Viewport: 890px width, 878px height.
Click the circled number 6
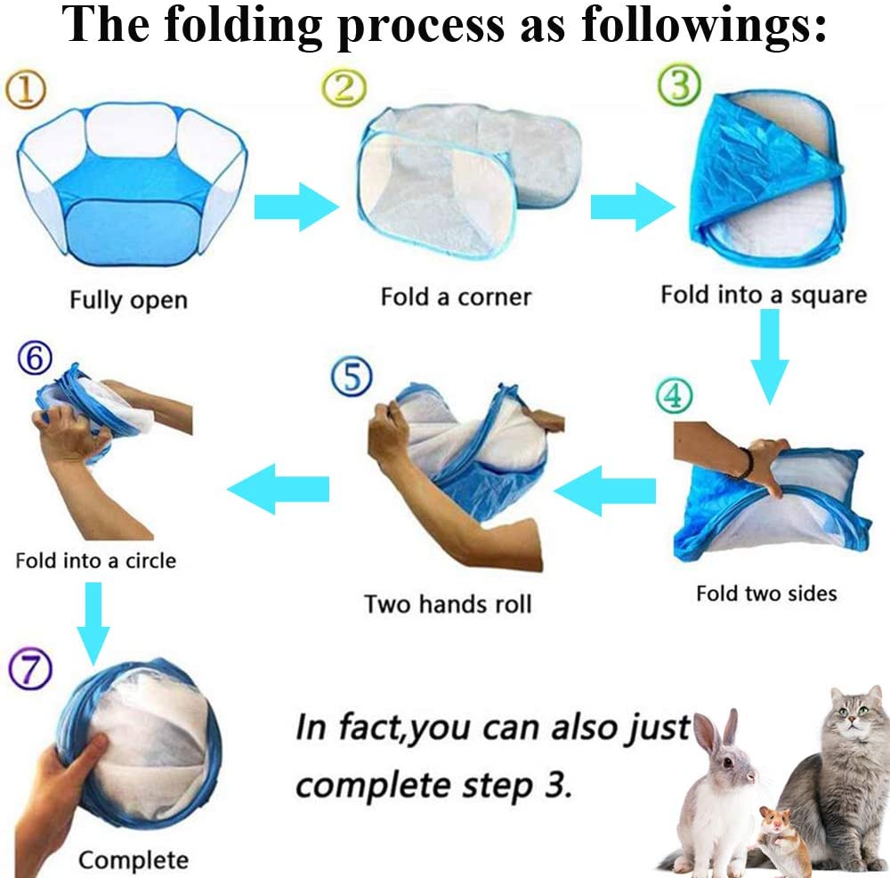[35, 358]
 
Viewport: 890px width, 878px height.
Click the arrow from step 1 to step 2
[296, 207]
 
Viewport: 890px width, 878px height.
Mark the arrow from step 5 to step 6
[279, 488]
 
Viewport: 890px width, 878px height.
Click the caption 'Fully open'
[128, 300]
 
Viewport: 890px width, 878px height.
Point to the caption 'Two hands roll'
[447, 604]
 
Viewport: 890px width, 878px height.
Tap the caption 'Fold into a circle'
[95, 561]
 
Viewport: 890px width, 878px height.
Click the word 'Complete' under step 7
[133, 860]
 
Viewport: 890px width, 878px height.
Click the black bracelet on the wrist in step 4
[746, 464]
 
